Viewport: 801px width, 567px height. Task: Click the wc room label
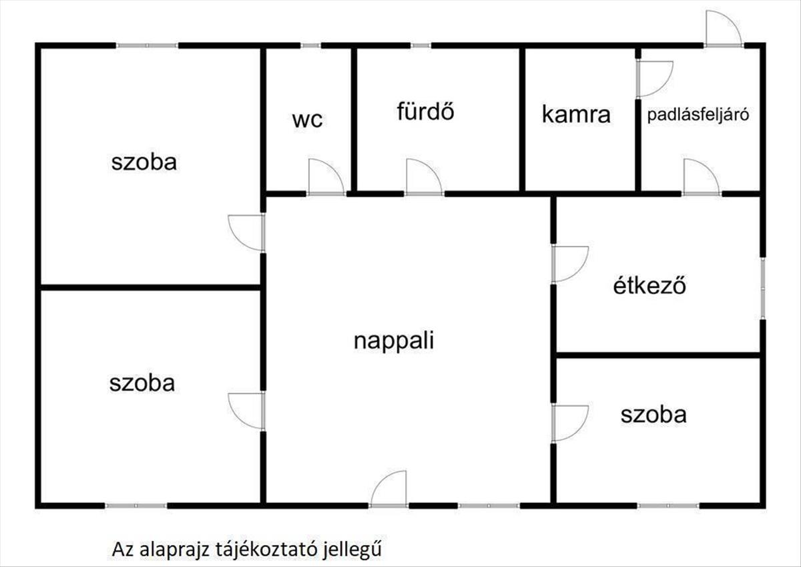[x=308, y=120]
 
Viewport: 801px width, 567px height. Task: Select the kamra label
[x=576, y=114]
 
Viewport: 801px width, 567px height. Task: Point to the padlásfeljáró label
[x=698, y=114]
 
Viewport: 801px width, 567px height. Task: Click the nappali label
[x=394, y=341]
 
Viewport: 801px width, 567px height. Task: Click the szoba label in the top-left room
[x=144, y=162]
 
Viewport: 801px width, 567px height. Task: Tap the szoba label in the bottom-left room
[x=142, y=383]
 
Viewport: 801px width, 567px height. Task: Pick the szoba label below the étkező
[x=653, y=415]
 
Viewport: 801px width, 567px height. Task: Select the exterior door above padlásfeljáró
[x=723, y=30]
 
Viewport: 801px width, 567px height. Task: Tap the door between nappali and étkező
[x=568, y=263]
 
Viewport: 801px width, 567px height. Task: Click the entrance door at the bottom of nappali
[x=389, y=489]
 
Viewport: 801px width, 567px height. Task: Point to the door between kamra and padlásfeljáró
[x=653, y=79]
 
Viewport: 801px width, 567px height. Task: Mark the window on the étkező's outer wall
[x=762, y=287]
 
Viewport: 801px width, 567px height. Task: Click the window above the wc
[x=310, y=45]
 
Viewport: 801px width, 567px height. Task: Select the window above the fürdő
[x=421, y=45]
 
